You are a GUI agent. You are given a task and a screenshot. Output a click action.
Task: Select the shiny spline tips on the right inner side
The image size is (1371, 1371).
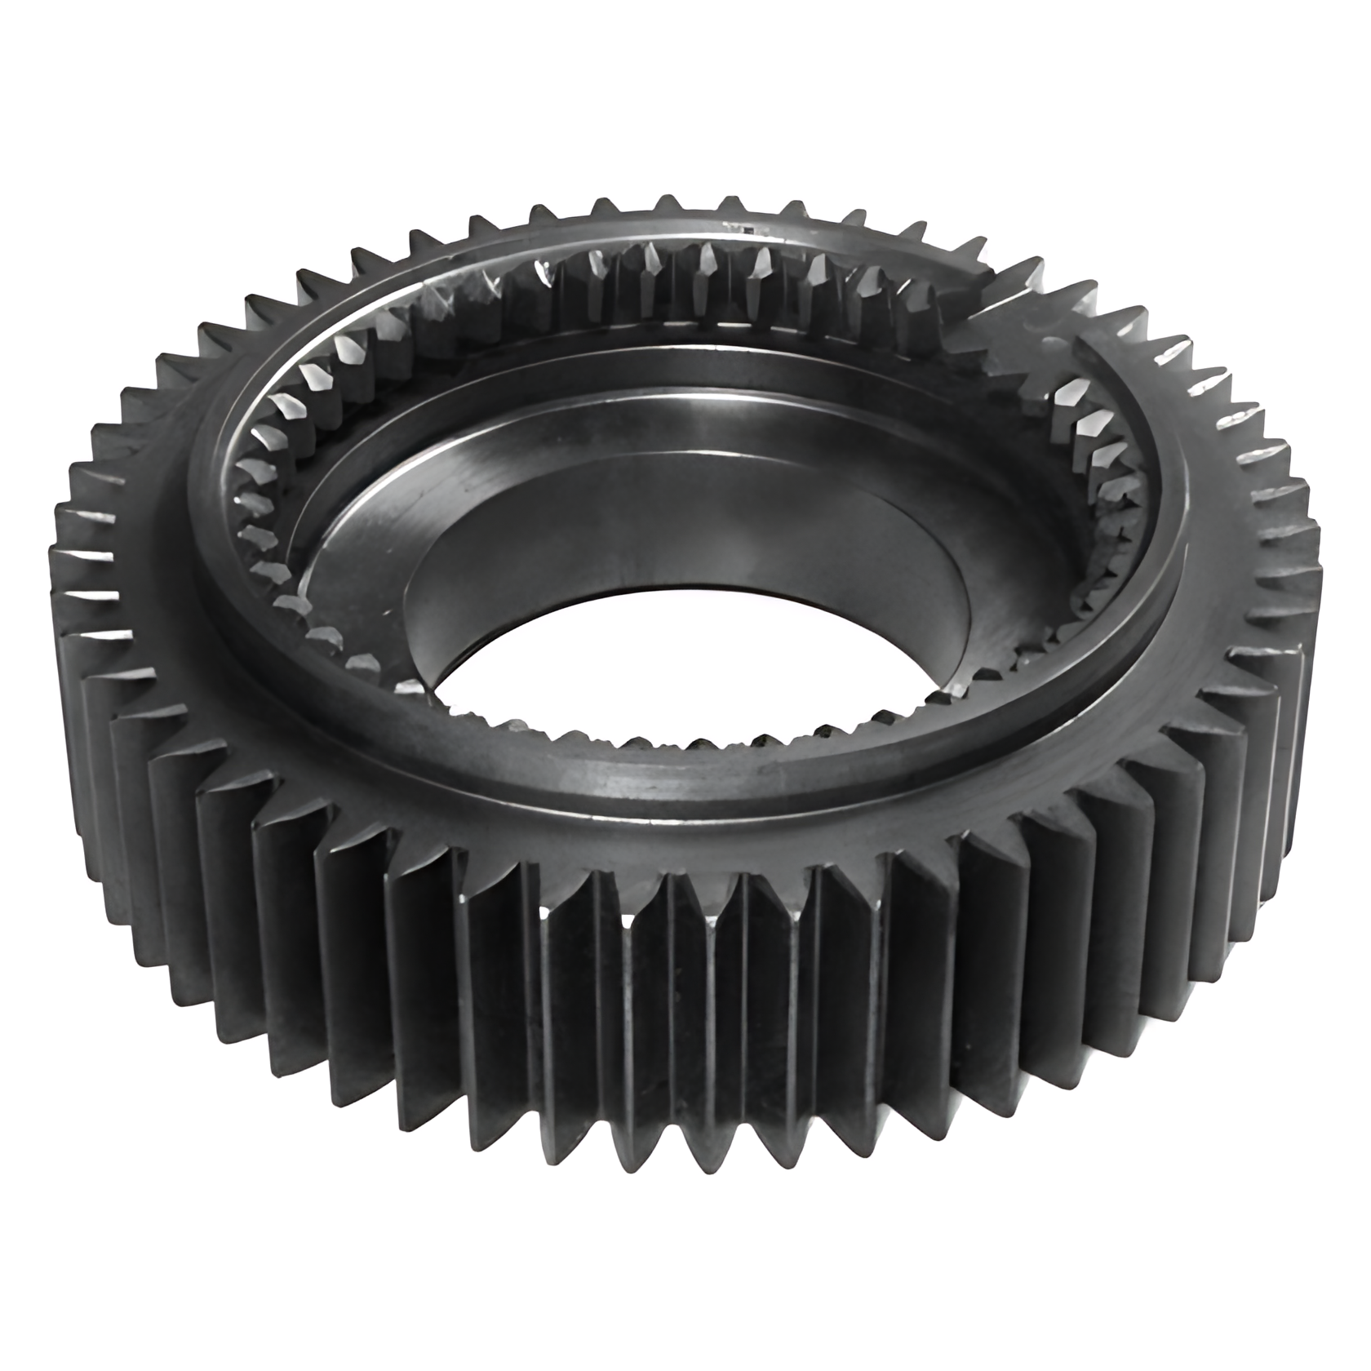tap(1085, 424)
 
